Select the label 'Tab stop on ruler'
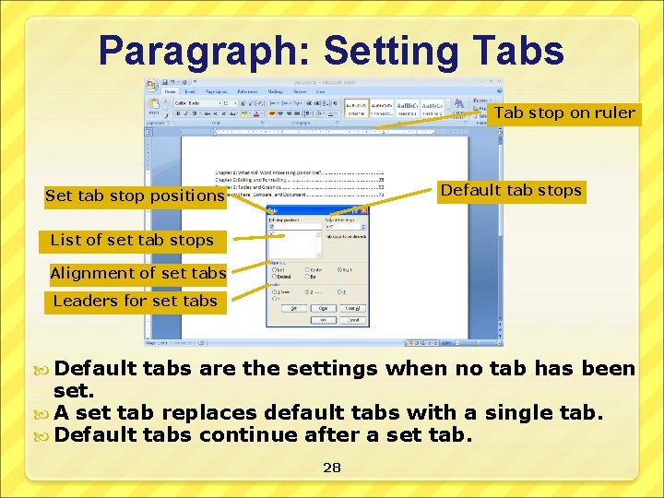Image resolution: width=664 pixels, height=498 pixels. click(564, 113)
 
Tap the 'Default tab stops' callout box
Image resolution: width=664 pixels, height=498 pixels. click(510, 191)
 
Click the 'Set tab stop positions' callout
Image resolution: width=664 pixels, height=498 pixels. click(135, 196)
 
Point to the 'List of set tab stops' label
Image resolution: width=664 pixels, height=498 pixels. click(132, 240)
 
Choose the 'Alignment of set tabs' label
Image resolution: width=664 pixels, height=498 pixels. click(137, 273)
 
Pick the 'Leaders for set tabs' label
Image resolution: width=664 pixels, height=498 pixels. click(135, 301)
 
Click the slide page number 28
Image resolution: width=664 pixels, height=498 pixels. click(332, 468)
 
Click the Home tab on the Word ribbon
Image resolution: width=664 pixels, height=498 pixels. click(171, 92)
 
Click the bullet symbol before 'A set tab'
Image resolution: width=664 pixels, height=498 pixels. click(47, 413)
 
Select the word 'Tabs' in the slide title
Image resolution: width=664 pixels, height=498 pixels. click(516, 51)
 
